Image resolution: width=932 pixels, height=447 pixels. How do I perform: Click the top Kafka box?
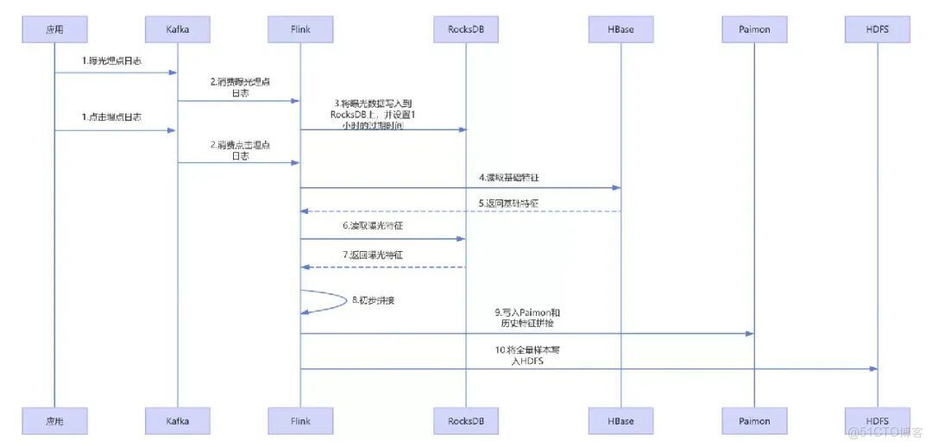coord(178,30)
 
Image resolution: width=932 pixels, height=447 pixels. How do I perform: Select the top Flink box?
coord(300,30)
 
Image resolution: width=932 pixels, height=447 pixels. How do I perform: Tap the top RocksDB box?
coord(465,30)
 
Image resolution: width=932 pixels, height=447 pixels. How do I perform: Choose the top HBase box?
coord(620,30)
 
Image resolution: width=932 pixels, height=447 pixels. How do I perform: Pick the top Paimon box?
coord(753,30)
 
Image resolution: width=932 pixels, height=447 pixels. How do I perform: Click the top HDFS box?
coord(877,30)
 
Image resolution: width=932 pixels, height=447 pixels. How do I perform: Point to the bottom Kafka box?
coord(178,421)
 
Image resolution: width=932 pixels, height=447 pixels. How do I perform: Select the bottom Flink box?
coord(300,421)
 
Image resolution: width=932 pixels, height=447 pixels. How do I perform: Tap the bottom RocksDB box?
coord(465,421)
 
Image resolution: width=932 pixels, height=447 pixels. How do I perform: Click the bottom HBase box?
coord(620,421)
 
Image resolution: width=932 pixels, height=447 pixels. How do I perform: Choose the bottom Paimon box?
coord(753,421)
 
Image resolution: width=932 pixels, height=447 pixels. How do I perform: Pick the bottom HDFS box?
coord(877,421)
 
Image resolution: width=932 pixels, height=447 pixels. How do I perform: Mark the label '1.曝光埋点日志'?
coord(112,62)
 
